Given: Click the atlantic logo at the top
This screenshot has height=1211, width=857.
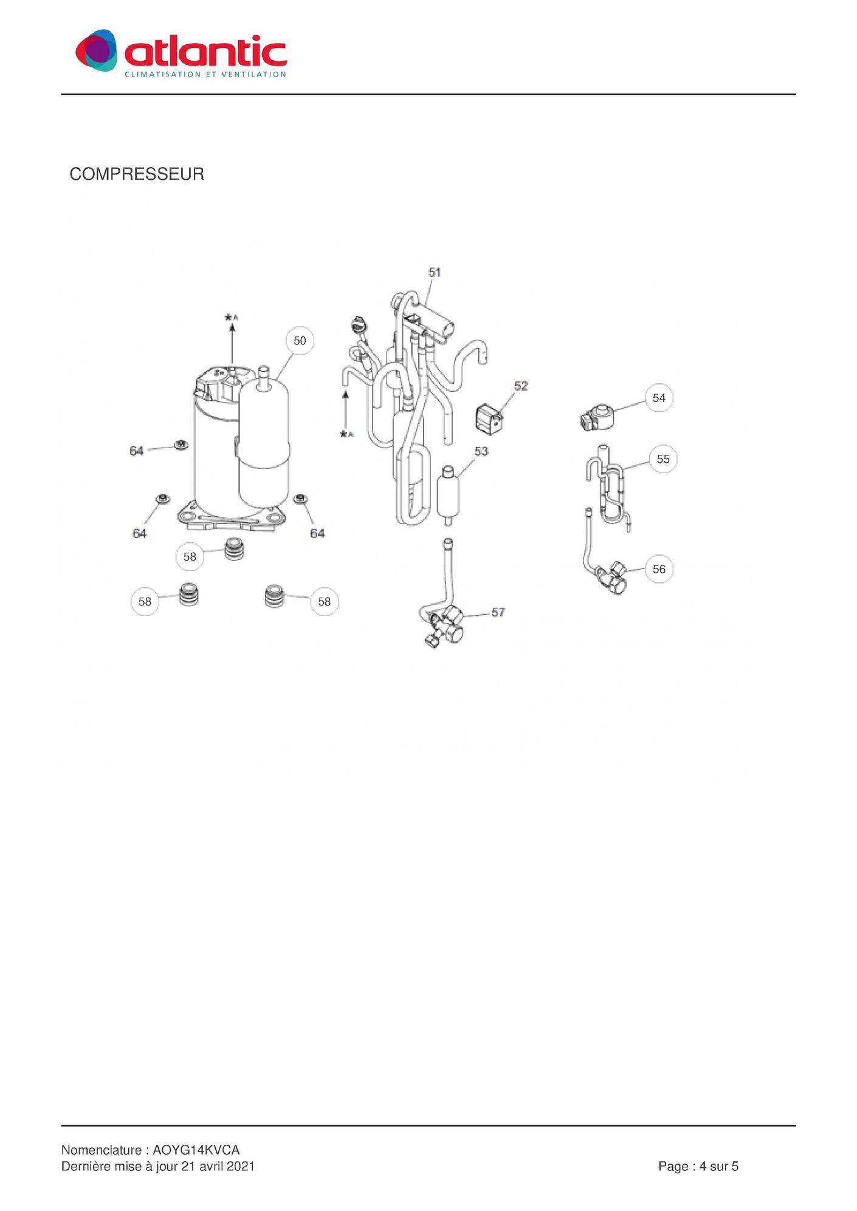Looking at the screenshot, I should [181, 52].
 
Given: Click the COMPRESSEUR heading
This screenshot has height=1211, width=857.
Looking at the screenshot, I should [137, 174].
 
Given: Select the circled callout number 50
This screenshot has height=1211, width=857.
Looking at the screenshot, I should [300, 341].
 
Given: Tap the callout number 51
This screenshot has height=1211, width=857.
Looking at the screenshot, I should [435, 273].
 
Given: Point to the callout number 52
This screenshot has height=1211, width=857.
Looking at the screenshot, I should [521, 386].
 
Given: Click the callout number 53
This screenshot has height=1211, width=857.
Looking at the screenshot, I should [481, 451].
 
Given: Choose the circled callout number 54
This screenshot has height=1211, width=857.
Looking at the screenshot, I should [659, 398].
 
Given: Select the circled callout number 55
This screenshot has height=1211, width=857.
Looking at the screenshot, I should [663, 459].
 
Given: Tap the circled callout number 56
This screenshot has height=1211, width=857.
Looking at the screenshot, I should [659, 569].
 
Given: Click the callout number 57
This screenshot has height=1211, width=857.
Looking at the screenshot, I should [498, 612].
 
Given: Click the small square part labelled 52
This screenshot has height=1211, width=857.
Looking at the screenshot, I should [489, 420].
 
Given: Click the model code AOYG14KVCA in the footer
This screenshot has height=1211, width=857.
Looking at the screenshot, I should [196, 1150].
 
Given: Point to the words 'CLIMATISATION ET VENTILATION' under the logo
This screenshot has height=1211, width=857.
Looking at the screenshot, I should [205, 75].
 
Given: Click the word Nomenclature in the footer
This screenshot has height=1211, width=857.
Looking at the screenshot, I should [101, 1150].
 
